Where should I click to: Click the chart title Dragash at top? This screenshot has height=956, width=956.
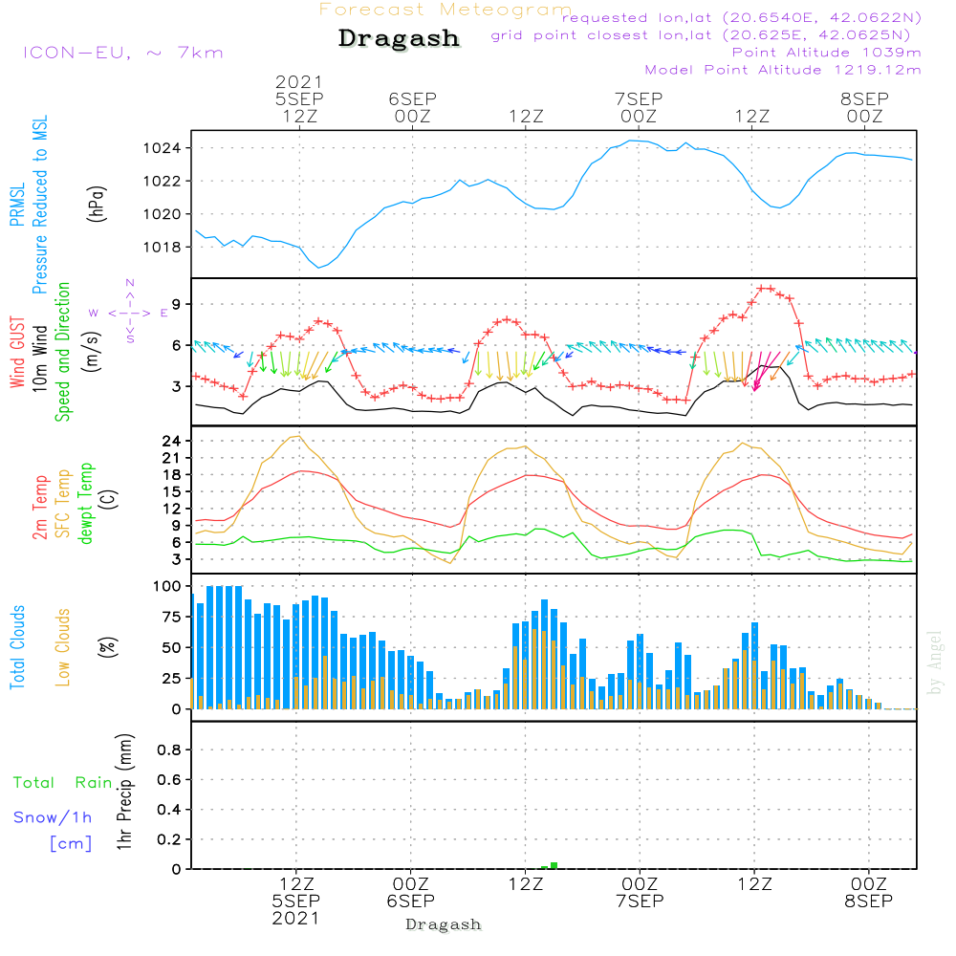click(399, 39)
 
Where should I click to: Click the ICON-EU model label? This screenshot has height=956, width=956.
click(122, 53)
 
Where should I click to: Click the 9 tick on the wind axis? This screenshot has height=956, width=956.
click(178, 304)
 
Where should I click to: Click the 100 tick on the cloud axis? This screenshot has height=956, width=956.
click(168, 585)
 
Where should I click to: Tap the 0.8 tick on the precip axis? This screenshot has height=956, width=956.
click(169, 750)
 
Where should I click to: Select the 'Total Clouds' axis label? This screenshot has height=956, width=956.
click(18, 647)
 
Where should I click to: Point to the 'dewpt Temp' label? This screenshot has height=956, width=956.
click(87, 504)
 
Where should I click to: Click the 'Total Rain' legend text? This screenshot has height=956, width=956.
click(62, 783)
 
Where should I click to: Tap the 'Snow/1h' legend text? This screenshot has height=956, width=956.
click(54, 817)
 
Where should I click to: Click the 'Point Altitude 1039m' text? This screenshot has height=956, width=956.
click(826, 52)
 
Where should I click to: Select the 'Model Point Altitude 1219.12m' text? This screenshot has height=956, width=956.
click(783, 70)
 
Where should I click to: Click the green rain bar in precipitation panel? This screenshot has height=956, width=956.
click(554, 865)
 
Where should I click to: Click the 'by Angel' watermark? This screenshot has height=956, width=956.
click(936, 662)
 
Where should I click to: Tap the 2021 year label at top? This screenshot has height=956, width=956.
click(299, 82)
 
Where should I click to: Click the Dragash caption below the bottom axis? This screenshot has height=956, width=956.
click(444, 924)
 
